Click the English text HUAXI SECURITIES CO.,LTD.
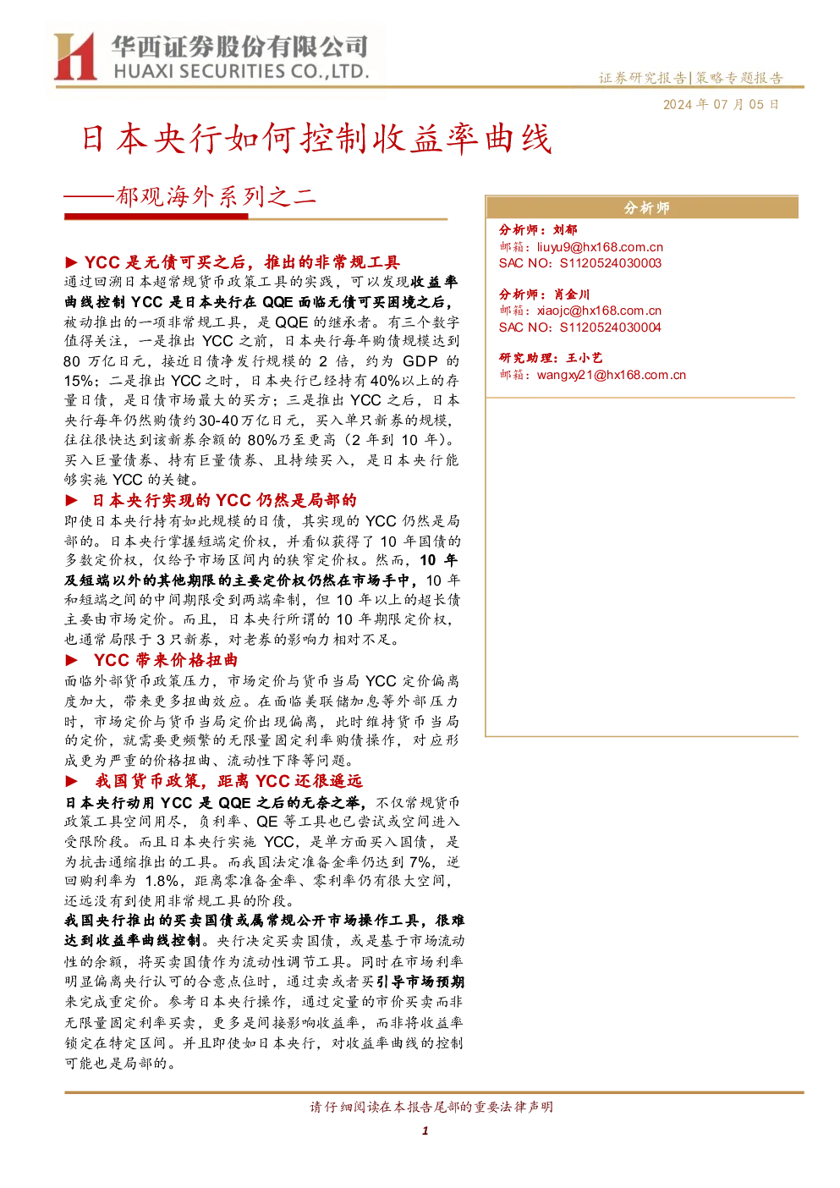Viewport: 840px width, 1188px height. (x=241, y=71)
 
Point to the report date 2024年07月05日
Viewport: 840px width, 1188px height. (x=721, y=104)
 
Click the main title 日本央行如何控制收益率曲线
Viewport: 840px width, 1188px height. (x=316, y=139)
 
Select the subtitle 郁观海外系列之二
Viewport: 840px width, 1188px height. (x=217, y=197)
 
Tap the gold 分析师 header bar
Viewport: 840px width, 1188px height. (x=642, y=206)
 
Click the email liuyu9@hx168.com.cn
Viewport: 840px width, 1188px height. (x=600, y=247)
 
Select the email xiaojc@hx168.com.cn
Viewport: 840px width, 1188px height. (x=599, y=311)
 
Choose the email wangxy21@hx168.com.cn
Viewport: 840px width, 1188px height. (x=612, y=375)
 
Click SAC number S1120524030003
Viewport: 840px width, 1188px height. (x=611, y=263)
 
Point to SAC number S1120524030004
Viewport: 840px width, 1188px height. (x=611, y=327)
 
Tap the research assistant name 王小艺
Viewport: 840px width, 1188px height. (x=585, y=358)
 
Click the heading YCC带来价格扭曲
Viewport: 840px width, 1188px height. (x=166, y=660)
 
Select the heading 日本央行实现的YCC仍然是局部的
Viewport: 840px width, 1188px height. (x=224, y=500)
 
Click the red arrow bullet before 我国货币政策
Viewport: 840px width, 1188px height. (x=72, y=781)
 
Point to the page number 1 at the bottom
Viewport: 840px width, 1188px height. (x=425, y=1130)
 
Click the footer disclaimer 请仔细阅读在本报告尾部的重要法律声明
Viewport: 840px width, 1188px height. (x=431, y=1107)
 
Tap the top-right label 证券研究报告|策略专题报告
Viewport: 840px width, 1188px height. (x=691, y=78)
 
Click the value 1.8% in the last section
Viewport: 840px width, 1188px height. (x=162, y=881)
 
